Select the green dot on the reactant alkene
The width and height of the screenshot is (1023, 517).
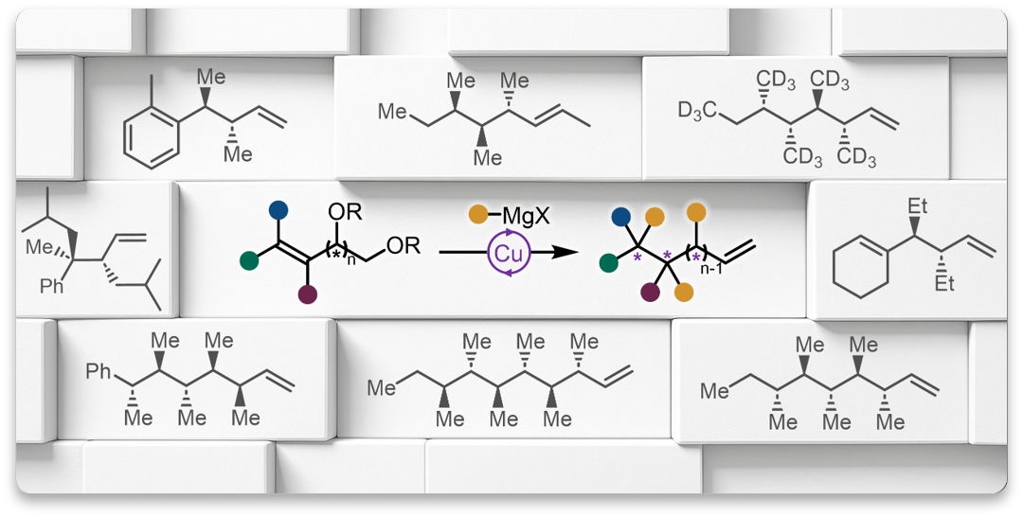(249, 258)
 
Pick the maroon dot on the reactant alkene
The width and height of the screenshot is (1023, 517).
(306, 296)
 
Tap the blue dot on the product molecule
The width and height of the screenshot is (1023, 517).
(620, 219)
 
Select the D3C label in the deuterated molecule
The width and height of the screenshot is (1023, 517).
(697, 111)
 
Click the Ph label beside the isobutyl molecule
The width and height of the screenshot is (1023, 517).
(52, 284)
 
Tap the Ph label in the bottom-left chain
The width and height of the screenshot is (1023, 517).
(99, 371)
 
